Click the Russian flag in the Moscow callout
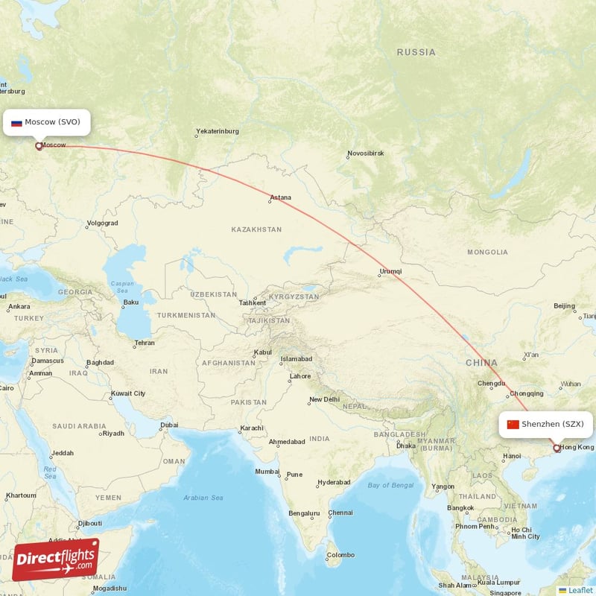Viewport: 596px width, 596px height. [16, 122]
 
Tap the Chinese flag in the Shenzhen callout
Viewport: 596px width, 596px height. [513, 425]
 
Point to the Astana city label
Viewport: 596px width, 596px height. [281, 197]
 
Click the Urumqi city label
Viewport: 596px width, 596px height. [390, 271]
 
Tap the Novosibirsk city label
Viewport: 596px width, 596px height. [365, 154]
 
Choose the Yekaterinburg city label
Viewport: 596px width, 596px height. [218, 131]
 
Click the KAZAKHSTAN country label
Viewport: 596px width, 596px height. [256, 229]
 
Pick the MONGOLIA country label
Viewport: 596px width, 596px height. [487, 253]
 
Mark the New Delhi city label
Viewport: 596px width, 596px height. [324, 399]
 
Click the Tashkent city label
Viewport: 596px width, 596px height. [253, 303]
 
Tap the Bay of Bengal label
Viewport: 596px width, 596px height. [390, 486]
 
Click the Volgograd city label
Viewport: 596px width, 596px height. [102, 223]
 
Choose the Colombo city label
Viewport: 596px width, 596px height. [340, 554]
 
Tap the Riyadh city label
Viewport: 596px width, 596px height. [113, 433]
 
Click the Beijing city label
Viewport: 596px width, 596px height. [565, 306]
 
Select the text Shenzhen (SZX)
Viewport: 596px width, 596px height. [553, 425]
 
